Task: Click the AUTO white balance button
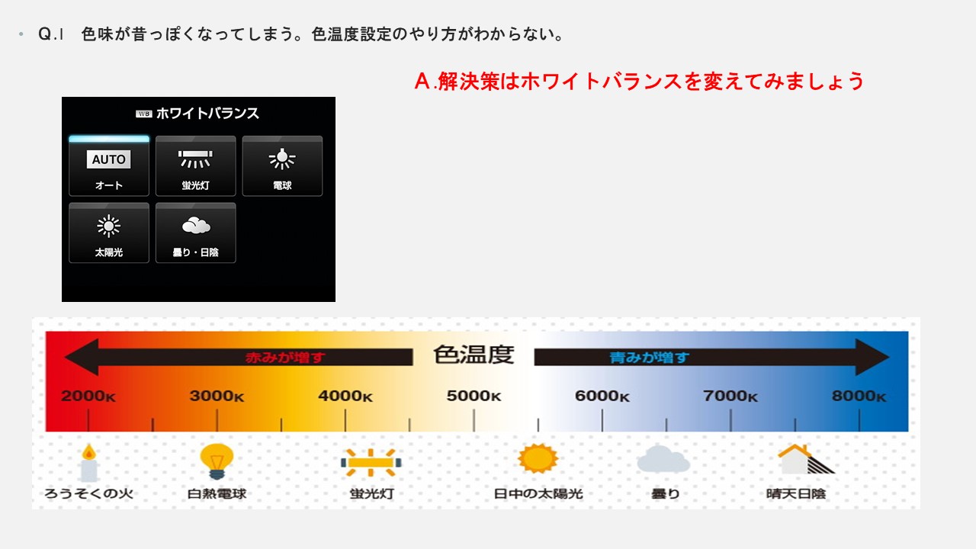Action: tap(109, 166)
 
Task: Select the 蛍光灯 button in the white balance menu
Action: tap(196, 166)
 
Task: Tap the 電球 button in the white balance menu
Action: tap(282, 166)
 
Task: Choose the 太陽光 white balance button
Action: tap(109, 233)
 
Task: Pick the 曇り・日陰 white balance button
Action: tap(196, 233)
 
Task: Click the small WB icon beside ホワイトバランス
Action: tap(144, 114)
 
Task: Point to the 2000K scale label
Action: tap(88, 396)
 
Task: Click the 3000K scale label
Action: tap(217, 396)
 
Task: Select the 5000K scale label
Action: tap(474, 396)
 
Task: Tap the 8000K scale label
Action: tap(859, 396)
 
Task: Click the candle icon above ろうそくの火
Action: tap(89, 463)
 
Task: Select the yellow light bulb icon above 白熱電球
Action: tap(217, 462)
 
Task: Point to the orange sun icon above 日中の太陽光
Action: tap(538, 458)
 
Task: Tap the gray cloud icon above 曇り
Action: tap(663, 459)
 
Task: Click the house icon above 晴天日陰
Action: tap(806, 459)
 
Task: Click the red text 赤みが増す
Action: tap(285, 358)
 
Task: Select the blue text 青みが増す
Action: tap(649, 358)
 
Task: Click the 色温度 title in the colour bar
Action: tap(474, 355)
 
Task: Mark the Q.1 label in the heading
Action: tap(51, 34)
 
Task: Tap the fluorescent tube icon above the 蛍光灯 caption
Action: tap(371, 462)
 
